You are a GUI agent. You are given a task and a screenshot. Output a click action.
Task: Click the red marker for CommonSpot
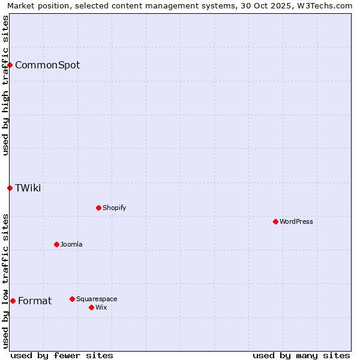coord(10,65)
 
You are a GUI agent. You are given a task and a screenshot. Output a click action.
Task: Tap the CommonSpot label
coord(47,65)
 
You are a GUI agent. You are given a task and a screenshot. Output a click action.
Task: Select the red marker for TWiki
coord(10,188)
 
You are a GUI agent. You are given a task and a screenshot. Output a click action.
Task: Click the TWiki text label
coord(28,188)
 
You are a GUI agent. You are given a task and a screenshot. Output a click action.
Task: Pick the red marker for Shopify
coord(98,208)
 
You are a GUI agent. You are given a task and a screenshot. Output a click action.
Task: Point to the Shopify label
coord(114,208)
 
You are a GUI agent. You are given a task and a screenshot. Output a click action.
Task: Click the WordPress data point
coord(275,221)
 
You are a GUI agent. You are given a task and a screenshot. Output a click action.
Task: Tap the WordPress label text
coord(296,221)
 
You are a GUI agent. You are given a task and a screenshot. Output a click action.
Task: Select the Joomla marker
coord(56,244)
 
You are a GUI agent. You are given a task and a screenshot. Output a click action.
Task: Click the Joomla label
coord(71,244)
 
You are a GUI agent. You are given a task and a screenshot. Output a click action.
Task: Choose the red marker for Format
coord(13,301)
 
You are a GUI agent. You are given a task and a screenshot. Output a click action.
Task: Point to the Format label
coord(35,301)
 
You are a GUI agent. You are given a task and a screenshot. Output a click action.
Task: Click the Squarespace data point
coord(72,299)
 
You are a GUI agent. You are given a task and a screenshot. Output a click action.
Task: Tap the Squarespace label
coord(97,299)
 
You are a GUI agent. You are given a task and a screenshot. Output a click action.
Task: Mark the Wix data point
coord(91,307)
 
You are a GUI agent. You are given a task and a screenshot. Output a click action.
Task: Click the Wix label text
coord(101,307)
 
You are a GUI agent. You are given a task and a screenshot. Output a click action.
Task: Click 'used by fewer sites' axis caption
coord(62,355)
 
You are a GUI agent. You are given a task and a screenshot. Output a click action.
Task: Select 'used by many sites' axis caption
coord(301,355)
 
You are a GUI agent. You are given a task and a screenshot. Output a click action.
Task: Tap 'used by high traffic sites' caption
coord(5,85)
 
